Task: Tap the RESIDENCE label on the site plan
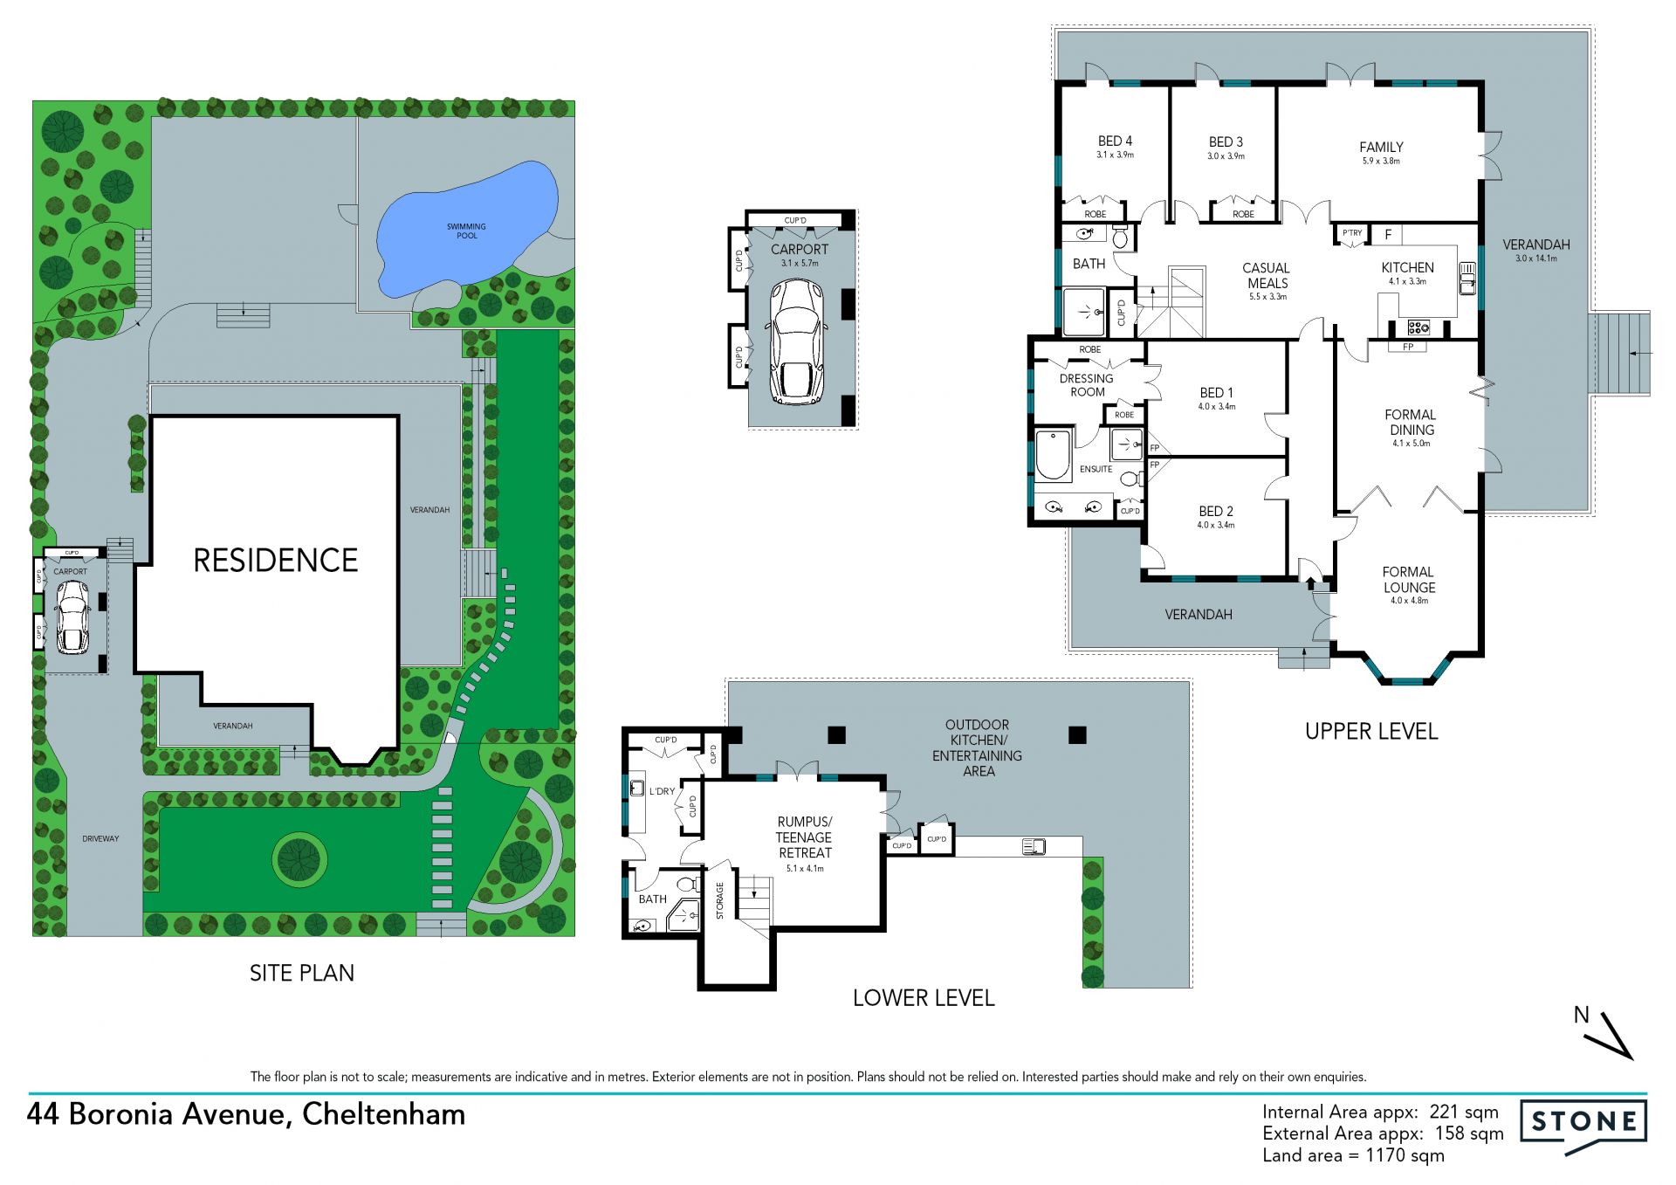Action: point(276,561)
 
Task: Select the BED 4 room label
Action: point(1115,141)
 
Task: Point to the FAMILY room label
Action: point(1381,147)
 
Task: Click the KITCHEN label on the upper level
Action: point(1407,267)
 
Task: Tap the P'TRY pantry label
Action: point(1352,233)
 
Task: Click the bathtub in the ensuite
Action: point(1053,455)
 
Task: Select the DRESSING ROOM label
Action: point(1087,385)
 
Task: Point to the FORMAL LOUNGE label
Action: point(1409,580)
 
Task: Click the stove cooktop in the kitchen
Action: point(1418,328)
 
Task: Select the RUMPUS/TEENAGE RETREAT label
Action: point(805,837)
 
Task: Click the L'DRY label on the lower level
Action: point(662,791)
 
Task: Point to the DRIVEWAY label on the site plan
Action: point(100,838)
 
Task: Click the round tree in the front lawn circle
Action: point(299,859)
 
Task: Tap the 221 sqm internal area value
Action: point(1464,1112)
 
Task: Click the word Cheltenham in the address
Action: point(383,1114)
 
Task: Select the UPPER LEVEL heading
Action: point(1371,732)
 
